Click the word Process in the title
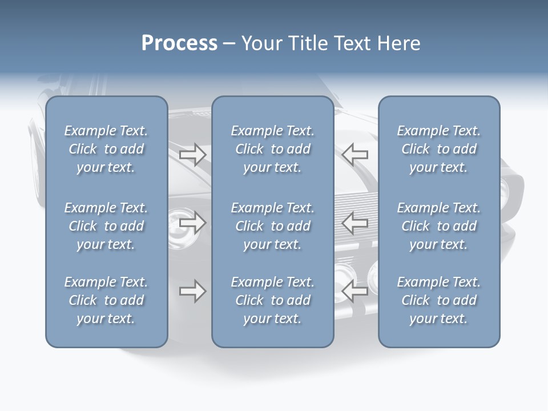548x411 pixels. point(179,43)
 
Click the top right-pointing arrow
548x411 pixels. point(192,154)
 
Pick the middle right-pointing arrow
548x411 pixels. point(192,223)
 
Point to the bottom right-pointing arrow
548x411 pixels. point(192,291)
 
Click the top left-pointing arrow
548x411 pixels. point(355,154)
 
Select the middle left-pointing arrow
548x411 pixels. point(355,223)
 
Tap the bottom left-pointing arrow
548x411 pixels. point(355,291)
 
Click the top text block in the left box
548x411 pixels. point(106,149)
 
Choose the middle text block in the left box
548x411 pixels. point(106,226)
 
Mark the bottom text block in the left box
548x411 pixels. point(106,300)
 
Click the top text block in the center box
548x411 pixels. point(272,149)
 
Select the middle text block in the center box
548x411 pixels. point(272,226)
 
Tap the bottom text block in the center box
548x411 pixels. point(272,300)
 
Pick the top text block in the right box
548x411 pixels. point(438,149)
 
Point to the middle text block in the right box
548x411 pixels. point(438,226)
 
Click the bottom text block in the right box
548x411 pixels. point(438,300)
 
